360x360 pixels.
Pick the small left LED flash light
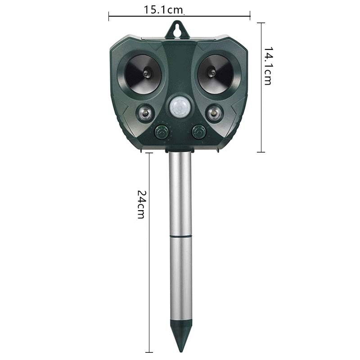(x=145, y=112)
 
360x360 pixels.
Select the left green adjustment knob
(x=161, y=132)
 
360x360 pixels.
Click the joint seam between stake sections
(x=181, y=235)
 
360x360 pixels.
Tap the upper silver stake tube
(x=181, y=193)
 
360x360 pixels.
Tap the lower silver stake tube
(x=181, y=279)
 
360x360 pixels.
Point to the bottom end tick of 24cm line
(x=149, y=352)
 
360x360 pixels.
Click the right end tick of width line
(x=250, y=17)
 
